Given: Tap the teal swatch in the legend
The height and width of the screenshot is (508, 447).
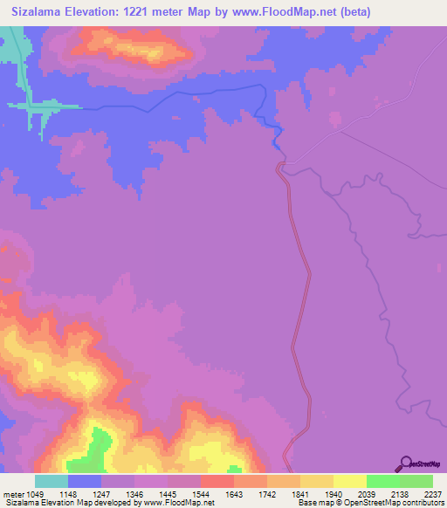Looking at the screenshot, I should coord(51,481).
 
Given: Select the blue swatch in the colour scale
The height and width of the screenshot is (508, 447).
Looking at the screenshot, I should coord(84,481).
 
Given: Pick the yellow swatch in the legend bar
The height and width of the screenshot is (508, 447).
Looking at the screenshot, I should coord(349,481).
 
